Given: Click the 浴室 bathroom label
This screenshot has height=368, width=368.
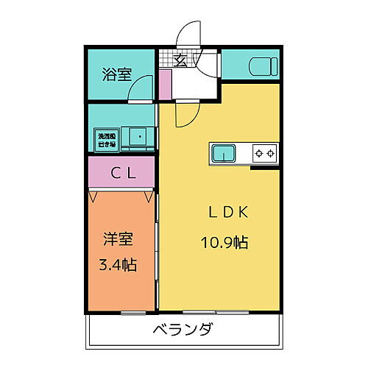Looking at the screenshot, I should pos(118,74).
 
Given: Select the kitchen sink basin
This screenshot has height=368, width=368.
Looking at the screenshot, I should pos(224,153).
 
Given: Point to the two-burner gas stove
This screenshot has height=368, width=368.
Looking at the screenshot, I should pos(265,153).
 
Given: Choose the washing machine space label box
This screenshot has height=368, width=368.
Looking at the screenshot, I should pos(106,138).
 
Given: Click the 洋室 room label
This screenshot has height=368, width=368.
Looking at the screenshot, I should pos(118,239).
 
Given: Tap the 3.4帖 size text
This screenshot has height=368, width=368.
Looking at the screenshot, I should pos(118,263).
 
